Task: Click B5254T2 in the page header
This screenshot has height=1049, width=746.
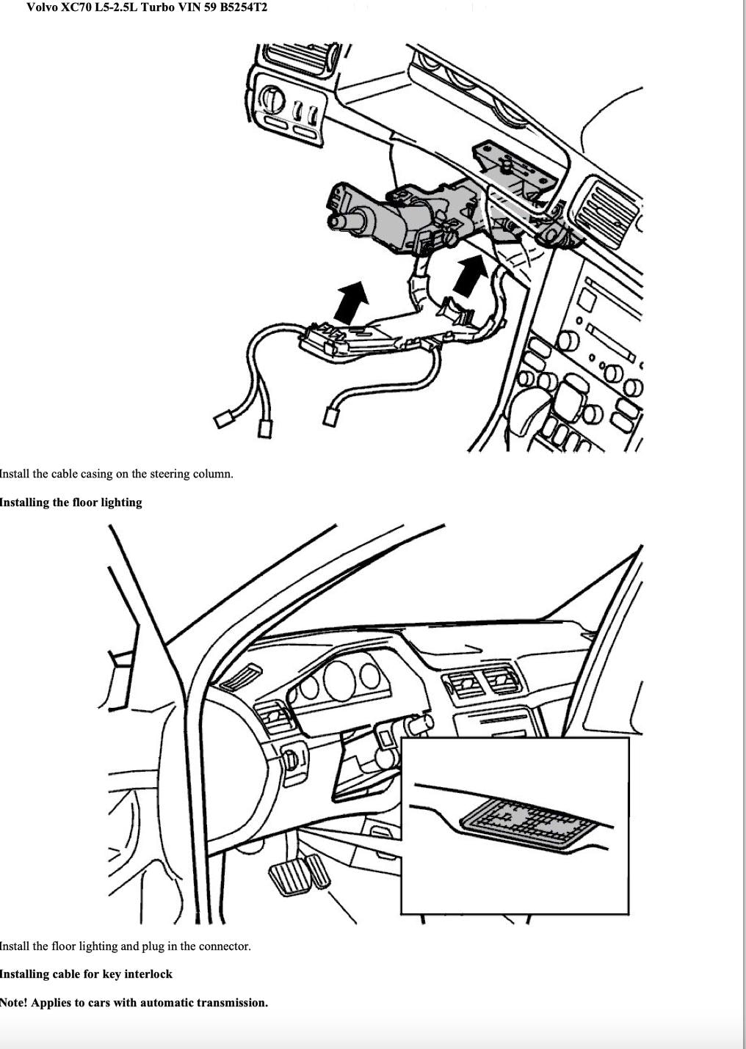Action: pyautogui.click(x=242, y=7)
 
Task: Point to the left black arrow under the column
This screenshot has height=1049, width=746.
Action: pyautogui.click(x=351, y=302)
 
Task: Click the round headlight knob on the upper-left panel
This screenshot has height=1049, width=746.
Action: pyautogui.click(x=272, y=98)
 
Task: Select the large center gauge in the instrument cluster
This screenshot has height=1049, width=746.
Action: pyautogui.click(x=339, y=681)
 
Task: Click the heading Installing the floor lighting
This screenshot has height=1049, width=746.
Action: pyautogui.click(x=70, y=502)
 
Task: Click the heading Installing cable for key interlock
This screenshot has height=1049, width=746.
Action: pyautogui.click(x=87, y=974)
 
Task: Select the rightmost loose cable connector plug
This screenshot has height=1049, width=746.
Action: pyautogui.click(x=331, y=416)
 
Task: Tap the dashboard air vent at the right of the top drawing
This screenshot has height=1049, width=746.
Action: pyautogui.click(x=606, y=211)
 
